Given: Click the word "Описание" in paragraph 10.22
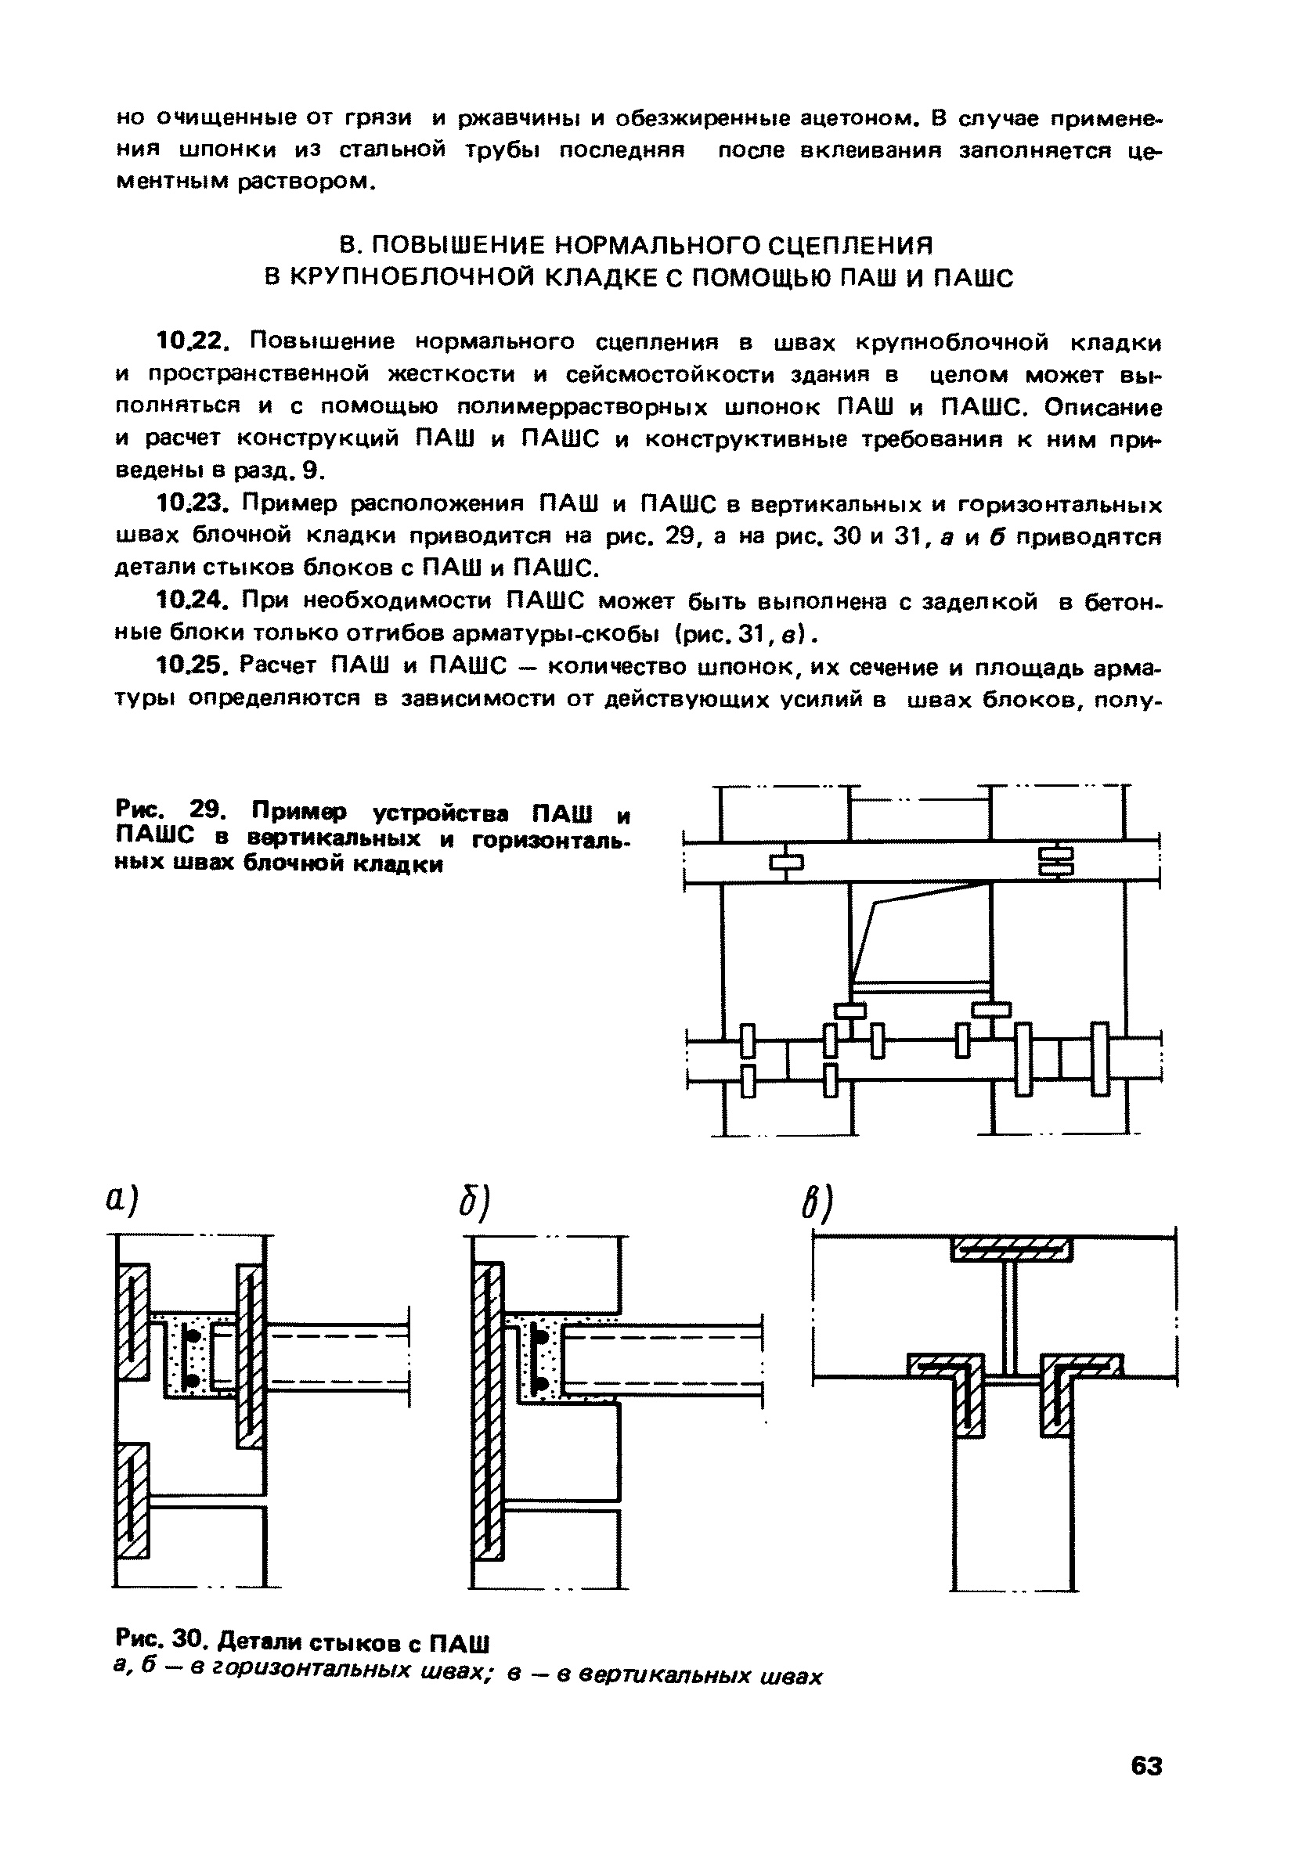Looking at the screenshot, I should coord(1103,407).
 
